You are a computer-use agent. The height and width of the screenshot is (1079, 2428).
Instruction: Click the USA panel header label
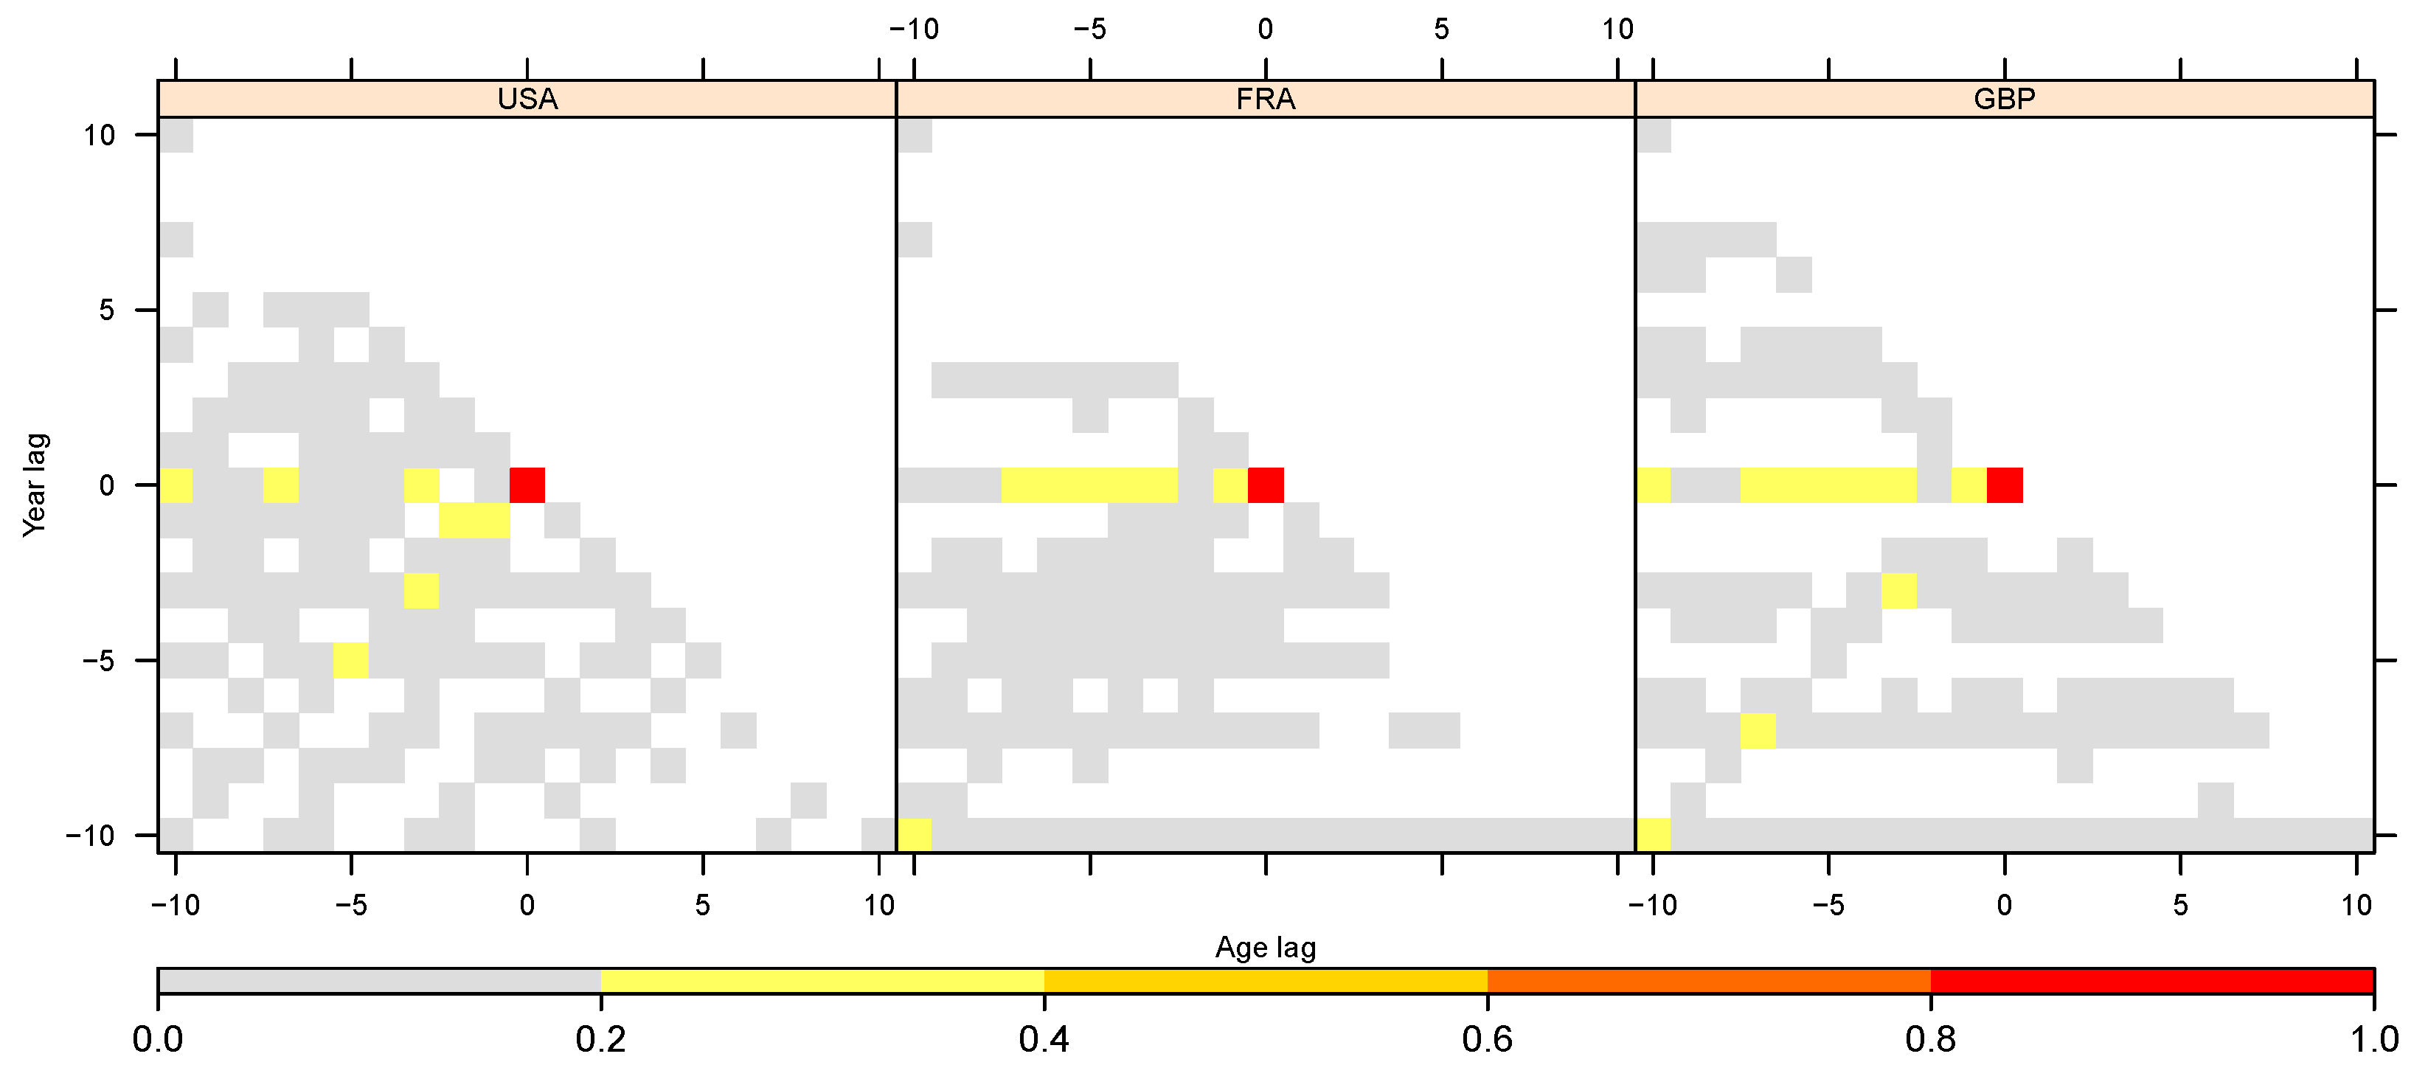[527, 99]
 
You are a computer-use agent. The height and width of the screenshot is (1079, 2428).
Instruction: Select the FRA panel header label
[1265, 99]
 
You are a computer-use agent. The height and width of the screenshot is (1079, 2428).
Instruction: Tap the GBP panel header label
[2004, 99]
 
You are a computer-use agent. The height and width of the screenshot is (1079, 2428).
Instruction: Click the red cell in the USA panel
[527, 485]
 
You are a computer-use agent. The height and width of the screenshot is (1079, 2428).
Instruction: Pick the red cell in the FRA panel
[1266, 485]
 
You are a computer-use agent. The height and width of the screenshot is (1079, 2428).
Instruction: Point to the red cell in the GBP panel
[2005, 485]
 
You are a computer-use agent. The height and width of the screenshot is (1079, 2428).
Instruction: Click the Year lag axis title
[35, 485]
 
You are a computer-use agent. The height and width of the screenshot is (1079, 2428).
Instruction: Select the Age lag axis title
[1265, 947]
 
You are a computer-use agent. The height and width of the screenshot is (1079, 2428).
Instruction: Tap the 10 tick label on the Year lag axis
[99, 136]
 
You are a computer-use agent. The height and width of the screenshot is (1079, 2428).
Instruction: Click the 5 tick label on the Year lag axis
[106, 310]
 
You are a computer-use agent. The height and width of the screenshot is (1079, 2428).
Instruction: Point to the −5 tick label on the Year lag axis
[97, 661]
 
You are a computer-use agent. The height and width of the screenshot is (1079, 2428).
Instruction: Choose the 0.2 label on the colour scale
[601, 1039]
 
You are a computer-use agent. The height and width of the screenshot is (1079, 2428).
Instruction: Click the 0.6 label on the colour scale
[1488, 1039]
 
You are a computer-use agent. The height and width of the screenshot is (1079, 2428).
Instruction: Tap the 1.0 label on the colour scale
[2373, 1039]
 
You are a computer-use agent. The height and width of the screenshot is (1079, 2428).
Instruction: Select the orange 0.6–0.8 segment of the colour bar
[1709, 981]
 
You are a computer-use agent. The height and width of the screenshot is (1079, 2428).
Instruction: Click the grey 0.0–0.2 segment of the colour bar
[379, 981]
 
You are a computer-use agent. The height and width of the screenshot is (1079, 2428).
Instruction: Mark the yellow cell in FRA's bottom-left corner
[915, 835]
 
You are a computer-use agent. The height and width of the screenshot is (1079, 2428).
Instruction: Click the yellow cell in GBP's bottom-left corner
[1654, 835]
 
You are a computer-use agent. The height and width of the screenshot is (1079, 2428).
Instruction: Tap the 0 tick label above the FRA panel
[1265, 30]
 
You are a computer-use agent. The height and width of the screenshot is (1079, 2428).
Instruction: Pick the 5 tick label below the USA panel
[702, 906]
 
